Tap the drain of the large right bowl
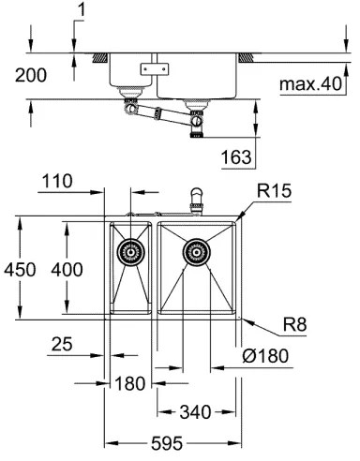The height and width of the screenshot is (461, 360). (x=196, y=250)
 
